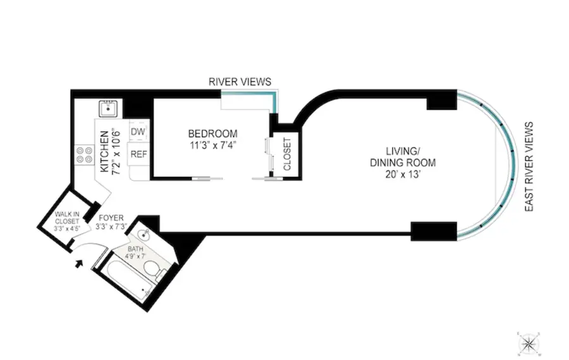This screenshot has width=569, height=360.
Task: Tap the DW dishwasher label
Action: click(x=138, y=131)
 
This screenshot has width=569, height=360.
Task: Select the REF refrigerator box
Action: click(x=138, y=154)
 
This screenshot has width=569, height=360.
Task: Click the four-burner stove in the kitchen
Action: click(x=83, y=154)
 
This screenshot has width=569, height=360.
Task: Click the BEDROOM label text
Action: click(x=212, y=133)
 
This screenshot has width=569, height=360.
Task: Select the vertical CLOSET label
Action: click(x=286, y=154)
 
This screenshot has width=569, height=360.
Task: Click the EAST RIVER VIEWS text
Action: click(x=530, y=166)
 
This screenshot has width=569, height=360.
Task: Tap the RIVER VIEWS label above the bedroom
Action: click(x=240, y=82)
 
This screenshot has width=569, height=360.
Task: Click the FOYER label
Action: click(x=111, y=218)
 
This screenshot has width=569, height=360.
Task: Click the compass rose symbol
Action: click(x=528, y=342)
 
